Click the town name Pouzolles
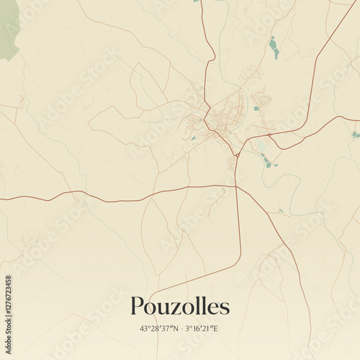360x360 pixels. [180, 306]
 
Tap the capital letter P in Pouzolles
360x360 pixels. [138, 306]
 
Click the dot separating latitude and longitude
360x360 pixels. [181, 328]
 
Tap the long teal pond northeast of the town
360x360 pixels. [274, 48]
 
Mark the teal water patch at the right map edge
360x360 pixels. [355, 134]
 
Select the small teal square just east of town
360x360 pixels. [256, 109]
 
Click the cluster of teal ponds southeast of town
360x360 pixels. [266, 161]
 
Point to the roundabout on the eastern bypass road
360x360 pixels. [269, 134]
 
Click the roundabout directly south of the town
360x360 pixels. [236, 154]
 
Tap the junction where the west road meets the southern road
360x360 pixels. [236, 186]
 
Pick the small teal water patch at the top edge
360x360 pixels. [196, 1]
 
